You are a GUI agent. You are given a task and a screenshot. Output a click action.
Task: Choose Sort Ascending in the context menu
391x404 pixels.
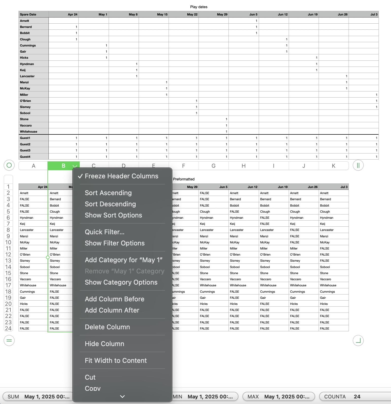108,193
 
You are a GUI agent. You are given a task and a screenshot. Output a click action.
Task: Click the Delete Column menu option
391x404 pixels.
107,327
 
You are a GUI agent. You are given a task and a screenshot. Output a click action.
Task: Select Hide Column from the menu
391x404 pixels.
104,344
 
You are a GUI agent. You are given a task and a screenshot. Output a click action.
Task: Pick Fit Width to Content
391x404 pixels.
116,361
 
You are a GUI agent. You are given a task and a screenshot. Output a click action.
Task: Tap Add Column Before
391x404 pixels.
114,299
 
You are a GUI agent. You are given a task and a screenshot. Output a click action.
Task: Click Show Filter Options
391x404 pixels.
115,243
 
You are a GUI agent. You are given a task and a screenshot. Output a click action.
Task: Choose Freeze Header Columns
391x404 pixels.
121,176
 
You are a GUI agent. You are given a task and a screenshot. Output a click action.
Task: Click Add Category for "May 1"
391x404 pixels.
123,260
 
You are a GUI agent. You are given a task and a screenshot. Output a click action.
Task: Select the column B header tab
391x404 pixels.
63,166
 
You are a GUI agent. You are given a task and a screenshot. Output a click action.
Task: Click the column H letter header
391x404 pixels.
243,166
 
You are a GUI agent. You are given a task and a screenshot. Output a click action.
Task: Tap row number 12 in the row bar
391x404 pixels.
8,255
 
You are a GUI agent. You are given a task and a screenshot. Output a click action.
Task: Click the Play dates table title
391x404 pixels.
199,7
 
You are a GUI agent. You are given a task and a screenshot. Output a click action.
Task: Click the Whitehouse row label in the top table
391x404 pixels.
29,132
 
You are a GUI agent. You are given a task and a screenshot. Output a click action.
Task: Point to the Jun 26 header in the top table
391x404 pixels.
342,14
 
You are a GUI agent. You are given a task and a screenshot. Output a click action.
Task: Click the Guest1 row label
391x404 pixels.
25,138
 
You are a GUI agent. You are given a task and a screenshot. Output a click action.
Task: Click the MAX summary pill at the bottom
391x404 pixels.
279,397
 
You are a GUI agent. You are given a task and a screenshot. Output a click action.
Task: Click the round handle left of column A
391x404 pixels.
9,165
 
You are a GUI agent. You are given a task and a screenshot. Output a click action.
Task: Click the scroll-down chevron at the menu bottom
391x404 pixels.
122,396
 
